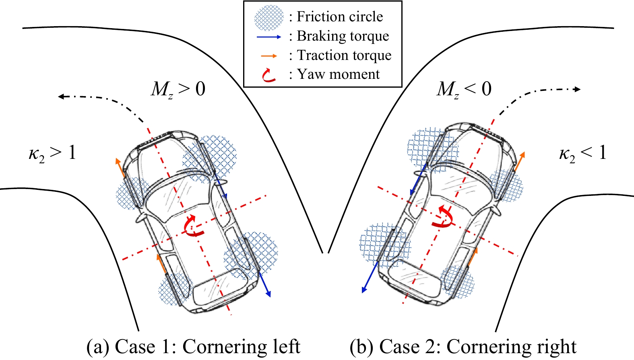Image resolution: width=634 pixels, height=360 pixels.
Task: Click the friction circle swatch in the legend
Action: [x=269, y=18]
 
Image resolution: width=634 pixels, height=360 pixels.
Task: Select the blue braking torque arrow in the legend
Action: [x=269, y=37]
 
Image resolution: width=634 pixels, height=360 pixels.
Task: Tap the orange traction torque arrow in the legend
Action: [x=269, y=56]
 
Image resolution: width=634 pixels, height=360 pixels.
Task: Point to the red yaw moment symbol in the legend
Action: [x=268, y=75]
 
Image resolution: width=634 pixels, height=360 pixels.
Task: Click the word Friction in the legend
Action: [x=320, y=16]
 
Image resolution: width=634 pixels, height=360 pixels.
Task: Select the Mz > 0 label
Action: [x=178, y=89]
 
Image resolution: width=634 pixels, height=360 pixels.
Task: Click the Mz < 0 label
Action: [x=464, y=89]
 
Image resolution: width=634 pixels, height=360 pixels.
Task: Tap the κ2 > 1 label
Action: [x=52, y=153]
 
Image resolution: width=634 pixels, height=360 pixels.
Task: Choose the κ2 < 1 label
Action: [x=583, y=153]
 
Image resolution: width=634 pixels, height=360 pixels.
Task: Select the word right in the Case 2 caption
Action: [x=556, y=347]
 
